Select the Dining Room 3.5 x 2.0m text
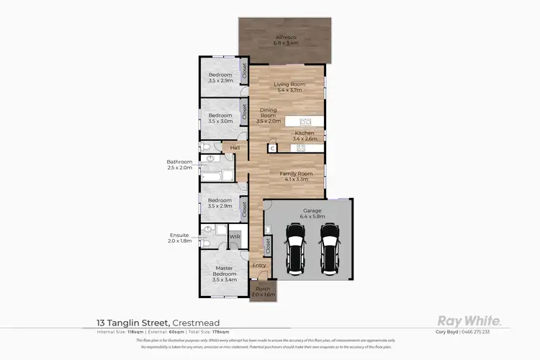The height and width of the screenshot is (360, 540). [x=268, y=116]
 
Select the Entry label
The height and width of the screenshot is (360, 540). [x=259, y=266]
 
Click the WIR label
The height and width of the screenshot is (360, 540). [x=235, y=236]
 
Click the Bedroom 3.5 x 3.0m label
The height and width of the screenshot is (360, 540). [x=220, y=118]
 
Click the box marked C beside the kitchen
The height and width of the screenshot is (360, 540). [x=272, y=148]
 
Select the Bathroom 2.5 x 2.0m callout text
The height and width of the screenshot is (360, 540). [x=179, y=165]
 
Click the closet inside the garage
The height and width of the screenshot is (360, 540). [x=268, y=245]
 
